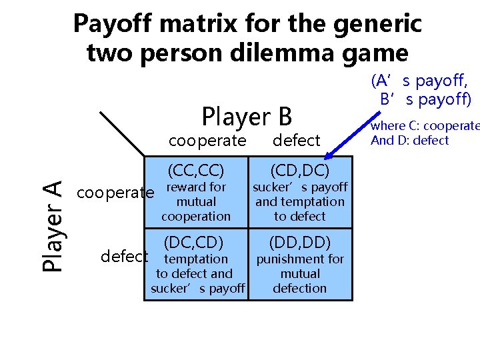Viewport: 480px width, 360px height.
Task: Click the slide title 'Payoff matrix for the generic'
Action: (247, 23)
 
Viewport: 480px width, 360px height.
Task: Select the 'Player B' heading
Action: (247, 117)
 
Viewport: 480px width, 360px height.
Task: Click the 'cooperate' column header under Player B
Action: (207, 141)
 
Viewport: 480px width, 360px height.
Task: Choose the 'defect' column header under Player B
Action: (297, 141)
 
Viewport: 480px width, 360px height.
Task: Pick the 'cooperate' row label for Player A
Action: (115, 193)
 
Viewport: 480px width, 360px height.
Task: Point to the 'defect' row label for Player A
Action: (124, 257)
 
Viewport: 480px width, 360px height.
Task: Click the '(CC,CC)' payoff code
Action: (195, 169)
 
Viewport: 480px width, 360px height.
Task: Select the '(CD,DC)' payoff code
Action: (299, 169)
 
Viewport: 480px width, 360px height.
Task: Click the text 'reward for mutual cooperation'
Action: (196, 202)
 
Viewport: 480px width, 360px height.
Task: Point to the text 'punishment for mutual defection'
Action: (300, 273)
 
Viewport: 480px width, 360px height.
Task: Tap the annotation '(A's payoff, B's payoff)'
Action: (421, 91)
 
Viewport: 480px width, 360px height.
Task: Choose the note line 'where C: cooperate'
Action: (425, 126)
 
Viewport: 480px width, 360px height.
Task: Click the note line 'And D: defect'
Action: (409, 140)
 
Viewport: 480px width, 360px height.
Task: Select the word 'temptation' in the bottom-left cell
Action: (196, 259)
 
